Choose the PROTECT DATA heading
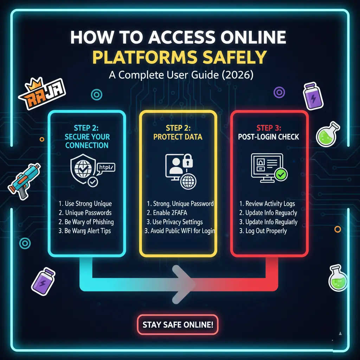tap(178, 136)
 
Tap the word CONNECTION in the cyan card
tap(87, 145)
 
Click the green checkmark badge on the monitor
tap(281, 174)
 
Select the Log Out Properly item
tap(263, 231)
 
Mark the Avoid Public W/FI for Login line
tap(180, 231)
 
